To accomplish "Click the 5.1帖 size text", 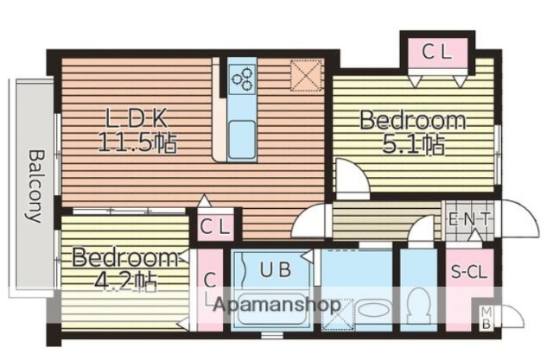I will point(415,144).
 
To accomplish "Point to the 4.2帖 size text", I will point(127,280).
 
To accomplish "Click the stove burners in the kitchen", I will point(242,80).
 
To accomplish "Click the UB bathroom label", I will point(276,269).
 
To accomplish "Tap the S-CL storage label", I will point(468,273).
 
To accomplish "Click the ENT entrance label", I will point(468,218).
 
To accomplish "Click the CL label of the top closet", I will point(436,53).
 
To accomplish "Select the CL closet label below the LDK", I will point(215,227).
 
